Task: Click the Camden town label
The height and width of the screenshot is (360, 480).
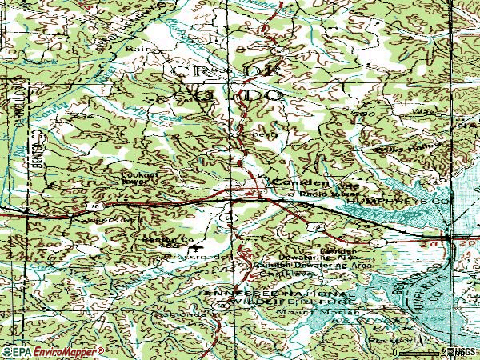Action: [x=290, y=182]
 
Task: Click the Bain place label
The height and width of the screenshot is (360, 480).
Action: [x=135, y=48]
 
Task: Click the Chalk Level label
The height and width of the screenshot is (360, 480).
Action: [x=287, y=272]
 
